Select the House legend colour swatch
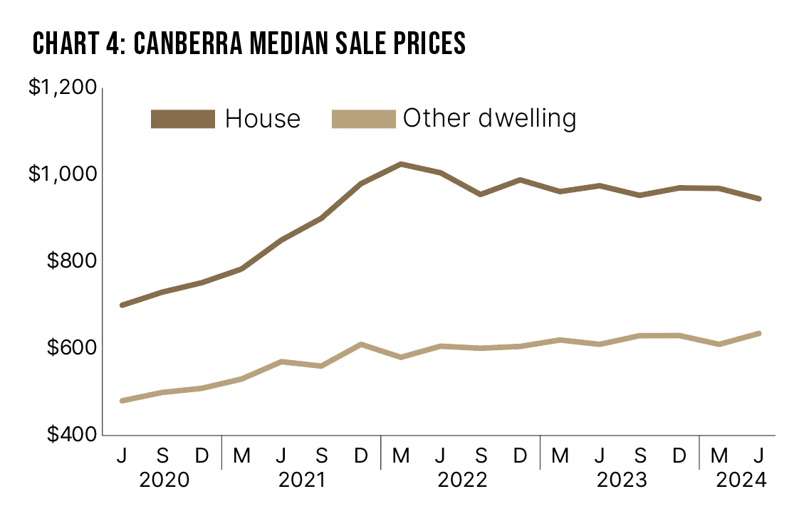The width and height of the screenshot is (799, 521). point(183,119)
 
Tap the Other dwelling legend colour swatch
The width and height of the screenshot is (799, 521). point(363,118)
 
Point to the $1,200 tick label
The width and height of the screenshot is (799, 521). point(62,88)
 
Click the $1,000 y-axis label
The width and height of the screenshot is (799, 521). point(62,174)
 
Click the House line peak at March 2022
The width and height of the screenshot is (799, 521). point(401,164)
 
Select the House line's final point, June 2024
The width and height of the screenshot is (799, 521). point(759,199)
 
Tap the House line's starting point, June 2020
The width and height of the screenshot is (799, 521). point(122,305)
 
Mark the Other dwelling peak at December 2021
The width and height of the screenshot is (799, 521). point(361,344)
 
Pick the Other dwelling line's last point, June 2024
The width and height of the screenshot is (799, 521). point(759,333)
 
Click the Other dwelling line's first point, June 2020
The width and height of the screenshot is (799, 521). point(122,401)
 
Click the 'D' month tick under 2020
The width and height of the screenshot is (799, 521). point(202,454)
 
